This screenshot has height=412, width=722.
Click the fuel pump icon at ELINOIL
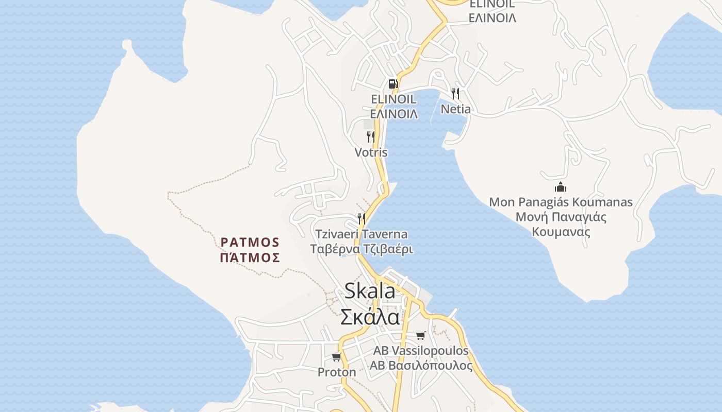click(393, 83)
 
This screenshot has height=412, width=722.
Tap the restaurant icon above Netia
click(455, 93)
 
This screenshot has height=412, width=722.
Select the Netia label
click(455, 109)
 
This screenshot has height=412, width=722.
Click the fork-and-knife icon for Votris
click(370, 136)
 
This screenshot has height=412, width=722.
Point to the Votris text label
click(371, 152)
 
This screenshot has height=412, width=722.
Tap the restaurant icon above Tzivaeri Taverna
click(362, 219)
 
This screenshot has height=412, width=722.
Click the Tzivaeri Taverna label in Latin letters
click(362, 234)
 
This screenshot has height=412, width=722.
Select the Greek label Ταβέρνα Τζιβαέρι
click(362, 249)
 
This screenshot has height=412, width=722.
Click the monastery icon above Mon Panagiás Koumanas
click(561, 187)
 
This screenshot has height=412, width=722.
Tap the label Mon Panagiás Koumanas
click(561, 202)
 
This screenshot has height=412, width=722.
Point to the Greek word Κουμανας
click(561, 231)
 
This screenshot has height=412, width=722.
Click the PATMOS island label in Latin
click(250, 242)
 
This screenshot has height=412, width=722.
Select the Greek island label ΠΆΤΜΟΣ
click(250, 257)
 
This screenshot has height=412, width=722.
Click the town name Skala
click(370, 291)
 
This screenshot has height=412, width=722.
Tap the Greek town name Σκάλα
click(370, 316)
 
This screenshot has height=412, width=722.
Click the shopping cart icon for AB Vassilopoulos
click(421, 336)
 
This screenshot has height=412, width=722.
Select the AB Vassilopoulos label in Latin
click(421, 351)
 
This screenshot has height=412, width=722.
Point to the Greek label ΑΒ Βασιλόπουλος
click(421, 366)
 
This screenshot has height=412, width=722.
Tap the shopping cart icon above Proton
click(337, 357)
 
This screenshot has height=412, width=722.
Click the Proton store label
click(337, 372)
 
